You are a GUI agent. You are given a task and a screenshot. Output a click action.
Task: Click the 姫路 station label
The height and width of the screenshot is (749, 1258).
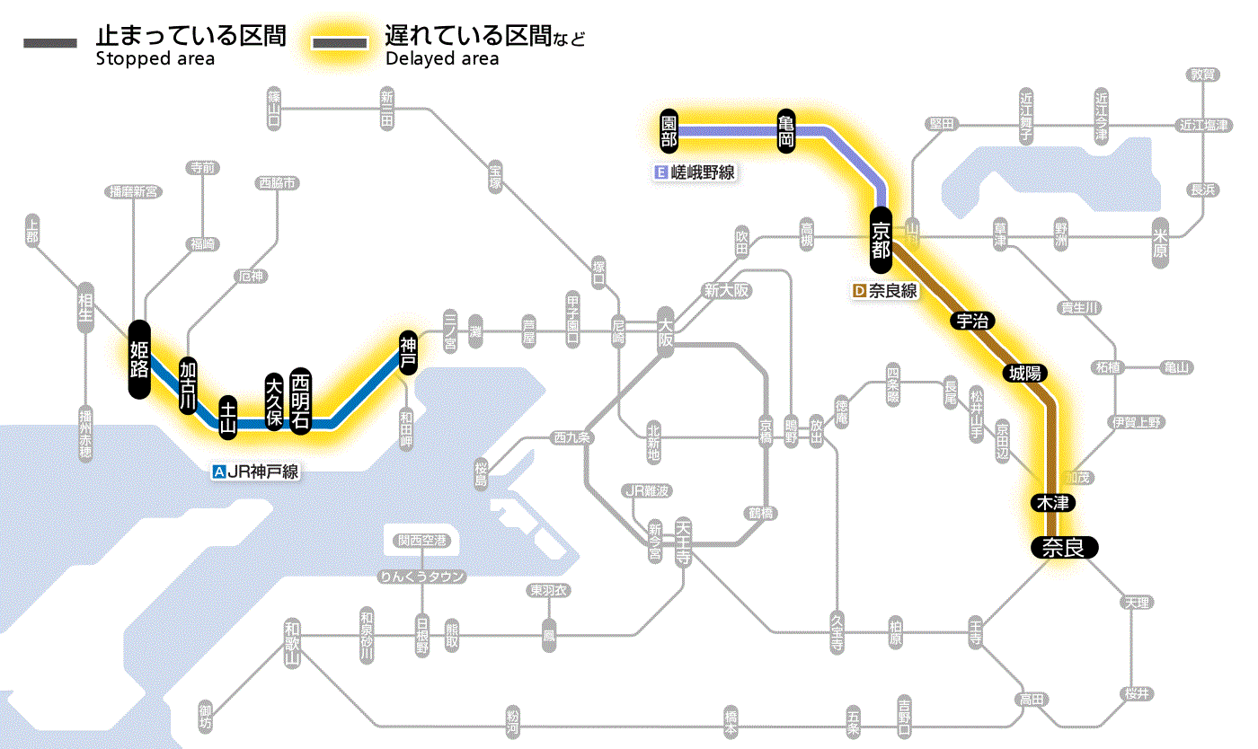139,358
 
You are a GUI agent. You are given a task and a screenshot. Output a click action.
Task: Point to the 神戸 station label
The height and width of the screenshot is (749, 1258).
409,352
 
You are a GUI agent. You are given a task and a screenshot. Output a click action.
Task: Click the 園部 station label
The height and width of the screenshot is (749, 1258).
669,131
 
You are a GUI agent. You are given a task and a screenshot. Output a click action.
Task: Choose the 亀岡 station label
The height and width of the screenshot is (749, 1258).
787,131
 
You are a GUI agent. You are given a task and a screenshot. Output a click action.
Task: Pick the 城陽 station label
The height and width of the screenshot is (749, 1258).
1028,373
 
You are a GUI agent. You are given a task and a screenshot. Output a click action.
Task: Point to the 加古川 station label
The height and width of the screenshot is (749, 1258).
188,385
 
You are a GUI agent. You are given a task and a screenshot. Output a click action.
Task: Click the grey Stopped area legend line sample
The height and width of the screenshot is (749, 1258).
51,43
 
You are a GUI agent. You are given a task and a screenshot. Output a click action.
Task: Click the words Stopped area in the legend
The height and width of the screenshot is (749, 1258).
155,59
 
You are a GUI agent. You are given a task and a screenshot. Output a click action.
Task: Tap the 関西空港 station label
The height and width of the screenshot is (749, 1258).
422,541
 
